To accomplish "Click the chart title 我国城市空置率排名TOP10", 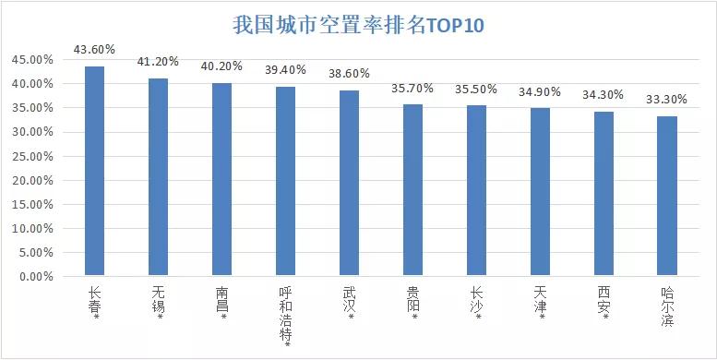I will (358, 25).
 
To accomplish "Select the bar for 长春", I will (95, 171).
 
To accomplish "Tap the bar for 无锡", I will (159, 176).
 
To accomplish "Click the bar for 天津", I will (540, 192).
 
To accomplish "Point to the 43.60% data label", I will (95, 50).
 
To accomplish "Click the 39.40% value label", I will (286, 70).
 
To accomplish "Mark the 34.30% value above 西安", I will (603, 95).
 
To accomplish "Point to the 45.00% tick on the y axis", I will (30, 60).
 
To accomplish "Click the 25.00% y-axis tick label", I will (30, 156).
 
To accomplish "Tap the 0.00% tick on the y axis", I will (34, 276).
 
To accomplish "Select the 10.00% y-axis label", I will (30, 228).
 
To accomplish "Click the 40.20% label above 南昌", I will (222, 66).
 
